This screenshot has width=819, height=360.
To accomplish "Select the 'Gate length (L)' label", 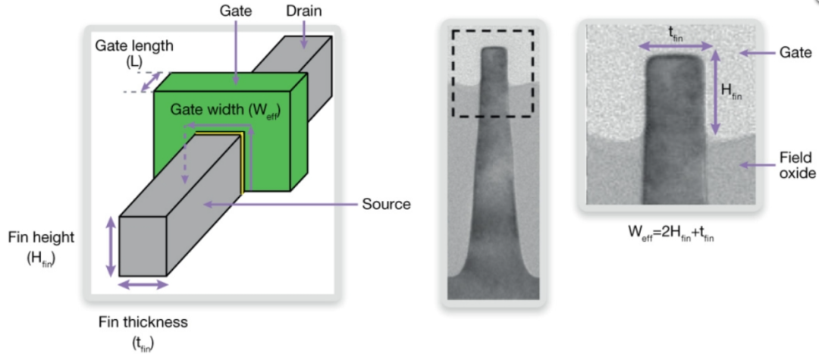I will pos(134,53).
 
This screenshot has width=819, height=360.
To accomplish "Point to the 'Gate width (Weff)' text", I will pos(224,110).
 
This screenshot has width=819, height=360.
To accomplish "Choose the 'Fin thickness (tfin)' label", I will pos(143,330).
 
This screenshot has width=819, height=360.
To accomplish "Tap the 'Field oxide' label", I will pos(796,165).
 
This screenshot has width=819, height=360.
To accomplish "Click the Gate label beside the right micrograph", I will pos(795,53).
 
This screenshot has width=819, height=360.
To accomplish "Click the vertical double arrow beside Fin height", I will pos(111,247).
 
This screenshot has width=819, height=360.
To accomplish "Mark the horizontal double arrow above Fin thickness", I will pos(143,285).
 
